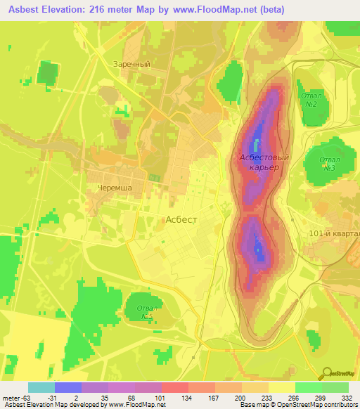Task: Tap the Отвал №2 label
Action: coord(309,99)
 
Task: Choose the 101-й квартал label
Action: coord(334,233)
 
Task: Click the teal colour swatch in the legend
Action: coord(41,387)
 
